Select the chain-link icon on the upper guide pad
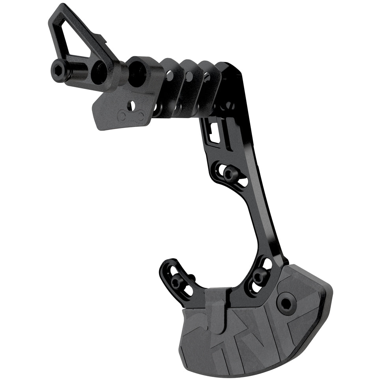(130, 116)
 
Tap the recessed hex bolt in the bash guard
(285, 303)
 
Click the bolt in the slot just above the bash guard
(259, 276)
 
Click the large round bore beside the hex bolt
(101, 73)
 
